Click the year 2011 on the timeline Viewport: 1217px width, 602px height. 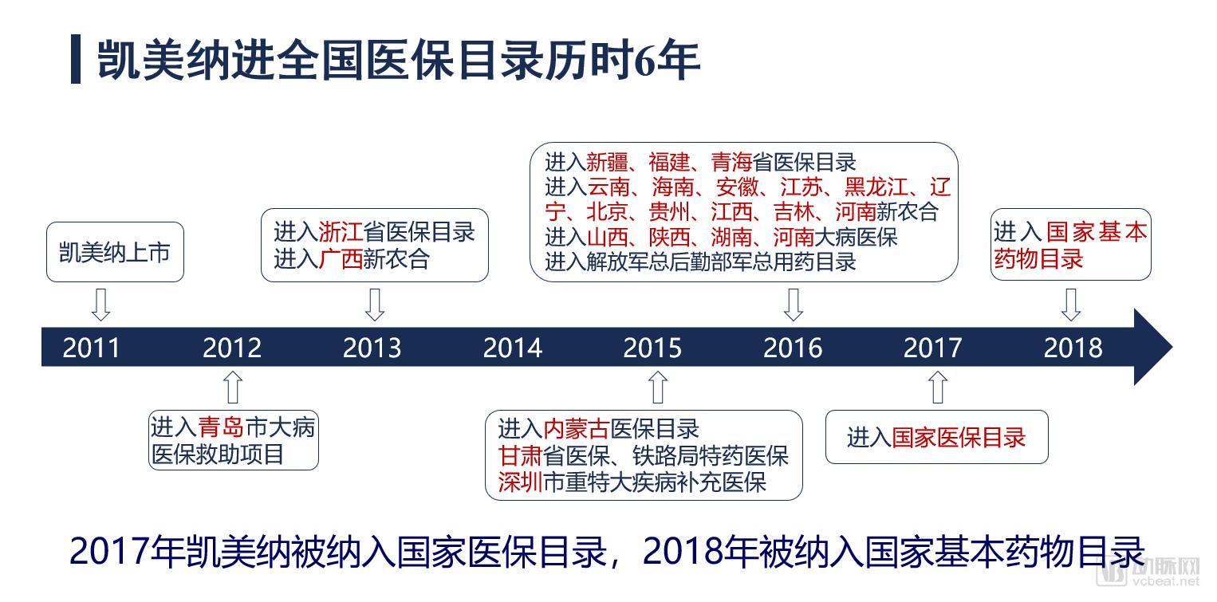pyautogui.click(x=92, y=348)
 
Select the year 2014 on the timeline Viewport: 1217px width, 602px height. pyautogui.click(x=512, y=348)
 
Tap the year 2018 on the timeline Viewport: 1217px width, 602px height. pyautogui.click(x=1073, y=348)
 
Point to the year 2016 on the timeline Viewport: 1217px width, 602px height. pyautogui.click(x=793, y=348)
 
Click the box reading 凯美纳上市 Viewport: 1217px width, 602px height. pyautogui.click(x=115, y=252)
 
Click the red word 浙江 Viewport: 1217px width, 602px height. pyautogui.click(x=341, y=232)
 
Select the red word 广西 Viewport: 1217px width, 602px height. pyautogui.click(x=341, y=259)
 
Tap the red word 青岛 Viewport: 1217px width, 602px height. pyautogui.click(x=220, y=427)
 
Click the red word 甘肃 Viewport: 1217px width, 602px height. pyautogui.click(x=520, y=455)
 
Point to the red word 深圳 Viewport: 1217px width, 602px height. pyautogui.click(x=520, y=482)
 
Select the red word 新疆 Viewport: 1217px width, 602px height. pyautogui.click(x=608, y=162)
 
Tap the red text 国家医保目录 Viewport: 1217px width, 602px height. pyautogui.click(x=958, y=437)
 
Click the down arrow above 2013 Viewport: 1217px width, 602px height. pyautogui.click(x=374, y=304)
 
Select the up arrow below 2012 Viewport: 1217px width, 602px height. pyautogui.click(x=232, y=386)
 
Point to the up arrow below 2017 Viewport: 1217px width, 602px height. pyautogui.click(x=939, y=387)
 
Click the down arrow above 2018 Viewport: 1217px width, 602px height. pyautogui.click(x=1071, y=304)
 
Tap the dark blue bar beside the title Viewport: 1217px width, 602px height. pyautogui.click(x=76, y=60)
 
